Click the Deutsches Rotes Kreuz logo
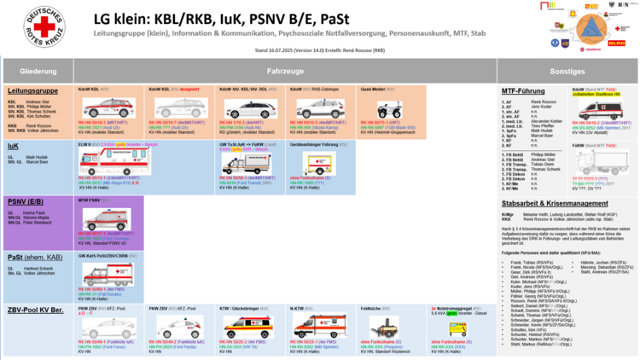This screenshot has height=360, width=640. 42,26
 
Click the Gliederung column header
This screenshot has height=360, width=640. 38,71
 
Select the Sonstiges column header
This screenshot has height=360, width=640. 567,71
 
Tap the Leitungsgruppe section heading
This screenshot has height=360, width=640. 32,90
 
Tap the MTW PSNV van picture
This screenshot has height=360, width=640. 105,219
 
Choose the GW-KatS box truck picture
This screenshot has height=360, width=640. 105,274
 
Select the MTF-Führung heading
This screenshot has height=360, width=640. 522,90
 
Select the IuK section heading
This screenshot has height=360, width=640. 14,146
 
